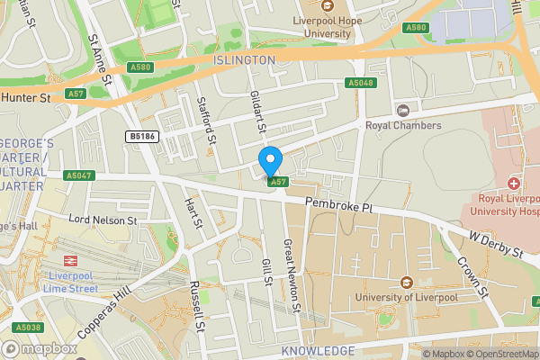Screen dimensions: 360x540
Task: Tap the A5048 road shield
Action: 360,84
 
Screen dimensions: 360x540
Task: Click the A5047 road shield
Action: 79,175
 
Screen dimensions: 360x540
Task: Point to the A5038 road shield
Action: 28,328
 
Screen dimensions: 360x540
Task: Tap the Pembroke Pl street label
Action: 337,207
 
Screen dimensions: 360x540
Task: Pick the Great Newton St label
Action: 291,274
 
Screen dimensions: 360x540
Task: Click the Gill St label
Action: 266,270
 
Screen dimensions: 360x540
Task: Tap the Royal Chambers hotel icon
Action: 402,110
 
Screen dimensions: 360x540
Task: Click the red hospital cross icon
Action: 513,184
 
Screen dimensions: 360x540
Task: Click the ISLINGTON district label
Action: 244,59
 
